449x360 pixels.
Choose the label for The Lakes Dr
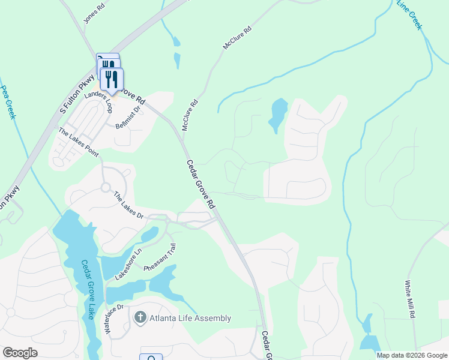[129, 205]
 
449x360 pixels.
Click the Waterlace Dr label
[116, 321]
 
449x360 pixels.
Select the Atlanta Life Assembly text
[191, 318]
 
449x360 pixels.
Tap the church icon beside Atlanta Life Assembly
[140, 317]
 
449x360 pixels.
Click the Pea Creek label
[8, 101]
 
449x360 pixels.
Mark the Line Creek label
[411, 16]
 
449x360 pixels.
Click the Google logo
[20, 353]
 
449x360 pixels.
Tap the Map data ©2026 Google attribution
[411, 355]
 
